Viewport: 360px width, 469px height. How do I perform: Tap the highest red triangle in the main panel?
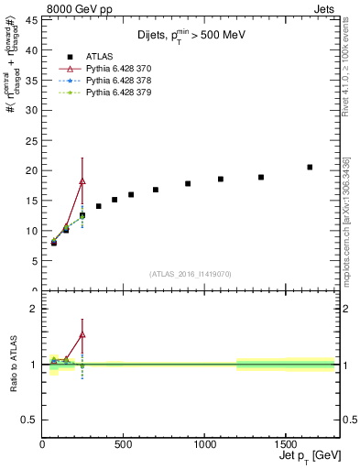pyautogui.click(x=82, y=181)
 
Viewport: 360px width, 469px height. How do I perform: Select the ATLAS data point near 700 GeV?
pyautogui.click(x=156, y=190)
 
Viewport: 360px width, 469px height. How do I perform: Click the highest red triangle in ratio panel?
pyautogui.click(x=82, y=334)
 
